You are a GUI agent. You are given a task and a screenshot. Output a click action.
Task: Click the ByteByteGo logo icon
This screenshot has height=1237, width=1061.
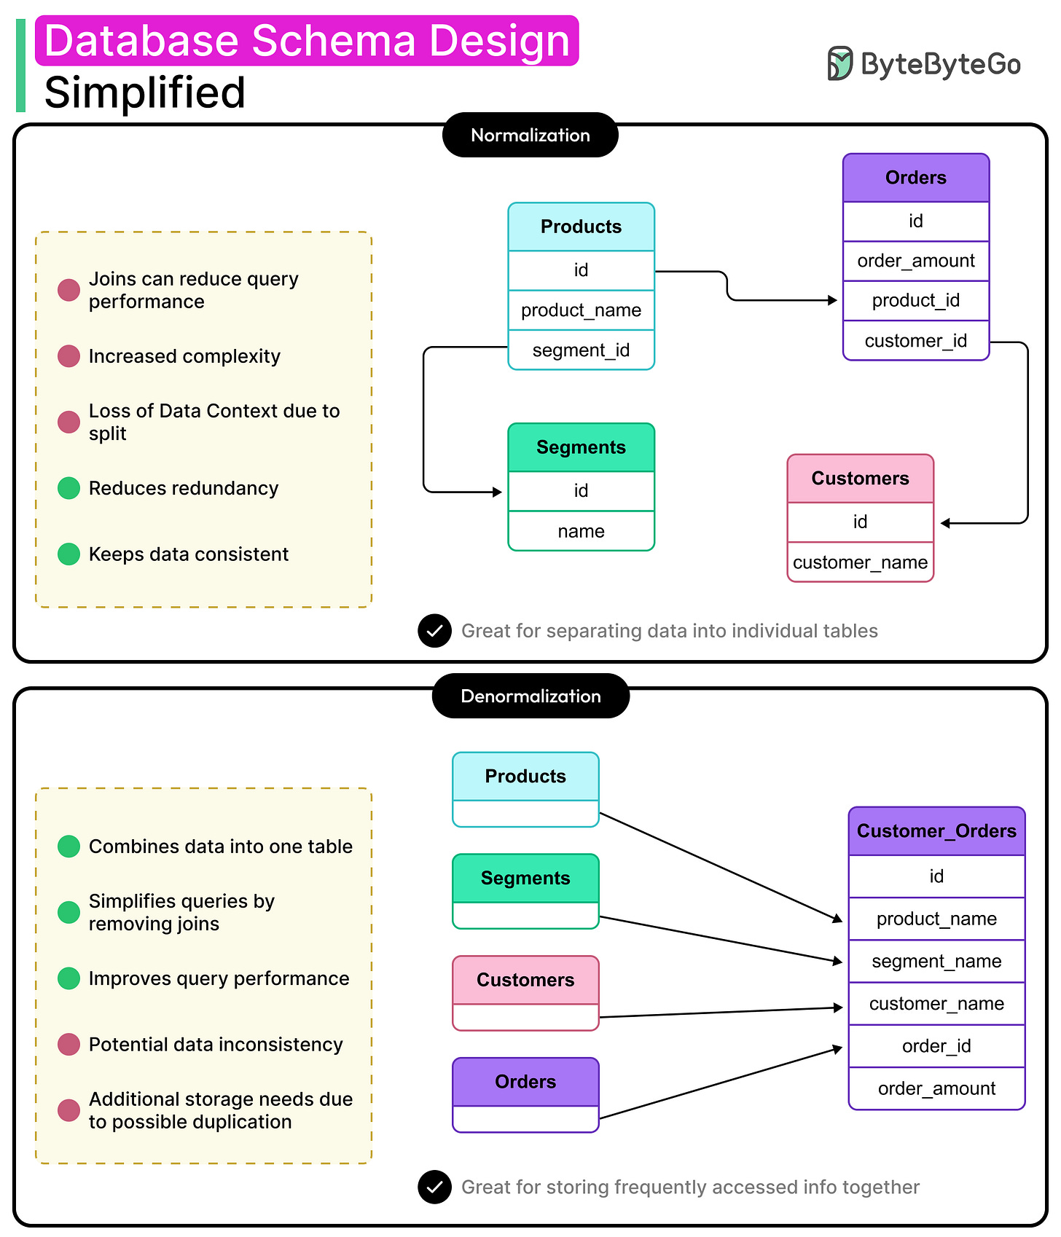(x=839, y=63)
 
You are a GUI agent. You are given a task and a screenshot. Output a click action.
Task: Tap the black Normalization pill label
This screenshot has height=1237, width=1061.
(x=530, y=135)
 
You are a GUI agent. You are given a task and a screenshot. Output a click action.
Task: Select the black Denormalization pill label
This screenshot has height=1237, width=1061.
(x=530, y=696)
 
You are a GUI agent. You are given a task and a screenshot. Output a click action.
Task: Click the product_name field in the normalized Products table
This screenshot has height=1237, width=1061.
(x=581, y=310)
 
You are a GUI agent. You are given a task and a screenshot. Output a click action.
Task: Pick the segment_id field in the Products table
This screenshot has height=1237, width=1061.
(x=581, y=350)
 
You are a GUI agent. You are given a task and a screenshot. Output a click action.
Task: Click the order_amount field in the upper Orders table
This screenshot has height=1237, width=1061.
(x=915, y=261)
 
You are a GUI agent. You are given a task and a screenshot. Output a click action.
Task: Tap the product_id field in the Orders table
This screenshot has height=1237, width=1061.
(x=915, y=300)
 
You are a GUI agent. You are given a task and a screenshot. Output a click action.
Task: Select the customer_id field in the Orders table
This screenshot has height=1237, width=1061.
(x=915, y=341)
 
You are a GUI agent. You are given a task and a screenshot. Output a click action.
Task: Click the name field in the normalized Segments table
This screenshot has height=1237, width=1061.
(x=581, y=531)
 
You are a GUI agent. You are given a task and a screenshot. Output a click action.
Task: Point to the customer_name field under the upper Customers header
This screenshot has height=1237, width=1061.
(x=860, y=562)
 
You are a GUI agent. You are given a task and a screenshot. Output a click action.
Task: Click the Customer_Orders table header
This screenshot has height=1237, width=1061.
(x=936, y=831)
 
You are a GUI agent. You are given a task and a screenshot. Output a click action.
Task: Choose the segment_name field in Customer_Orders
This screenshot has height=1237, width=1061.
(x=936, y=962)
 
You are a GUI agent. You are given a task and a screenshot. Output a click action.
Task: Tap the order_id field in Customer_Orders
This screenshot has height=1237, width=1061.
(x=936, y=1046)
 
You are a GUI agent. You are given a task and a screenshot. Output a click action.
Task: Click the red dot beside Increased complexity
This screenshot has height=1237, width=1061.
(x=68, y=356)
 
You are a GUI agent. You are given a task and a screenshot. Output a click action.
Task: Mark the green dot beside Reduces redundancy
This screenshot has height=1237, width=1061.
(x=68, y=488)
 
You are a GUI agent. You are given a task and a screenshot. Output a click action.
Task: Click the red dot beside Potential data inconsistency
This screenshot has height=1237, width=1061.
(x=68, y=1044)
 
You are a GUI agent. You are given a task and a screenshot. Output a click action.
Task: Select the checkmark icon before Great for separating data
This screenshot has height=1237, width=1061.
(x=434, y=631)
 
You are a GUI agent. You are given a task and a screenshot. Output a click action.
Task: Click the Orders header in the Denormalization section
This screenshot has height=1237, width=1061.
(x=525, y=1082)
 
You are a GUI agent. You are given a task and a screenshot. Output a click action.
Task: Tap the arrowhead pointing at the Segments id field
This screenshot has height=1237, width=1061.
(x=498, y=492)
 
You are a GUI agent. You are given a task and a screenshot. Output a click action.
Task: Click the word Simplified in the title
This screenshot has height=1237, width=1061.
(x=144, y=93)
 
